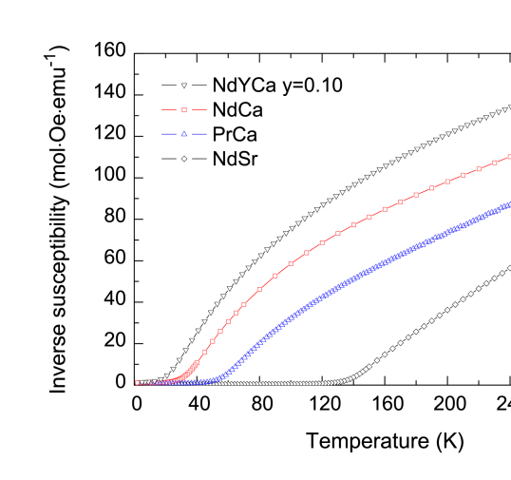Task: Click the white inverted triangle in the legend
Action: [184, 86]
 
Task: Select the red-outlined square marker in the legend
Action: [184, 110]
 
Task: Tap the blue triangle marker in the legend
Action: [184, 134]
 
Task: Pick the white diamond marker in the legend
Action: [184, 159]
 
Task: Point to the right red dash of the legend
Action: [199, 110]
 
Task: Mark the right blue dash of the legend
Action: [199, 134]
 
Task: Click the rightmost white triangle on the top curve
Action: [509, 107]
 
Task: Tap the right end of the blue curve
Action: [509, 203]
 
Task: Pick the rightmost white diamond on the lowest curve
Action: [509, 268]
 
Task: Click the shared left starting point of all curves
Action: [138, 383]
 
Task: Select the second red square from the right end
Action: [494, 163]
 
